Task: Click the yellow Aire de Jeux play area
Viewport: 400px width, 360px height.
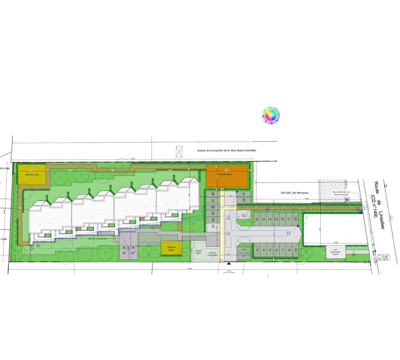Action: pyautogui.click(x=32, y=174)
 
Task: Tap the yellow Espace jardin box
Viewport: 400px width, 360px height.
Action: pyautogui.click(x=172, y=248)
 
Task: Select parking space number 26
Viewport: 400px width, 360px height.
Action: pyautogui.click(x=124, y=253)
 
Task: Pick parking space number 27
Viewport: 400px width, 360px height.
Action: pyautogui.click(x=133, y=253)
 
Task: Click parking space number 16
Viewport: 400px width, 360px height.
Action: pyautogui.click(x=257, y=219)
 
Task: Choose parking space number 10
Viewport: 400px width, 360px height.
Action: pyautogui.click(x=296, y=219)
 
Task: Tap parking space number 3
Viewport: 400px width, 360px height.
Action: pyautogui.click(x=257, y=250)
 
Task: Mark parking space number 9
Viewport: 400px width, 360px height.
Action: pyautogui.click(x=296, y=250)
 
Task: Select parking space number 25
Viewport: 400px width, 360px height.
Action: pyautogui.click(x=213, y=226)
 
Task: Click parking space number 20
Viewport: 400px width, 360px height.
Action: pyautogui.click(x=213, y=194)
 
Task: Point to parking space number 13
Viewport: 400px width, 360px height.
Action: pyautogui.click(x=276, y=219)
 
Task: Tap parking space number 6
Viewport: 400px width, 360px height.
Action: pyautogui.click(x=276, y=250)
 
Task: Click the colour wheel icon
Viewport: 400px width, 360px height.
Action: pyautogui.click(x=271, y=116)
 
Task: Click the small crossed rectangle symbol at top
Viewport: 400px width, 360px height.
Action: pyautogui.click(x=179, y=152)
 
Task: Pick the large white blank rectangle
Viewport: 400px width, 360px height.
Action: pyautogui.click(x=328, y=133)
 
